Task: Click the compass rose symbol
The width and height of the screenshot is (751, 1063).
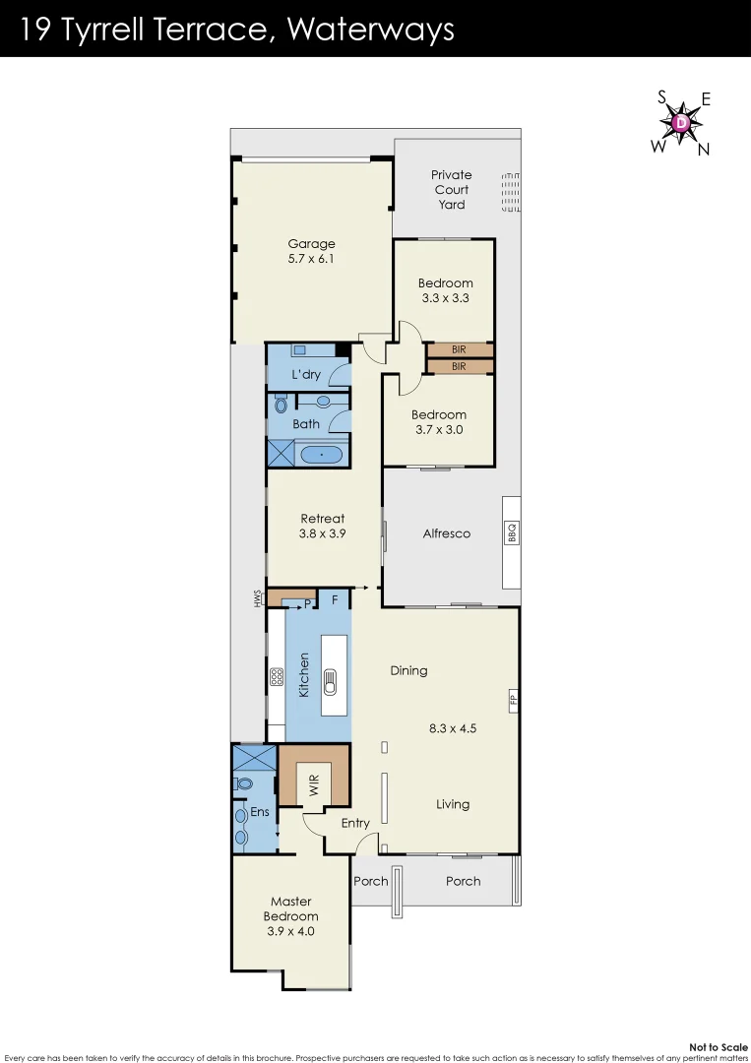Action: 681,123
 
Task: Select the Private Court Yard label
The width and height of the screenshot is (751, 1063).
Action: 452,190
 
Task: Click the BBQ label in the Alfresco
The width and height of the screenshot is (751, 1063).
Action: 512,533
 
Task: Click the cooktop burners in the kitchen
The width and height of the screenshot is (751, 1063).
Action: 277,677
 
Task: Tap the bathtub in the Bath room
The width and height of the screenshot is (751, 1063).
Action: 320,455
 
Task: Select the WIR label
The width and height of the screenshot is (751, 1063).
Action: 314,784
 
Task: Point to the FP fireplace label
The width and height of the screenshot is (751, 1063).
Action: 512,701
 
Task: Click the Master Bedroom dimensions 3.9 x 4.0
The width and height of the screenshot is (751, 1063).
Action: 291,931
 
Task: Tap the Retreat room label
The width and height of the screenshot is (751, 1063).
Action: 323,526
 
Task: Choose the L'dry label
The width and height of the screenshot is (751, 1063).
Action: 307,375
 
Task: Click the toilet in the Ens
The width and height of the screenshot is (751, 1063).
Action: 244,784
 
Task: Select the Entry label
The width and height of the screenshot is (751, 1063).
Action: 355,823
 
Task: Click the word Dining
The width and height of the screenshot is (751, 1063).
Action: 408,670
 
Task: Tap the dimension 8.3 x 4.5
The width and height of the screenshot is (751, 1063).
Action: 453,729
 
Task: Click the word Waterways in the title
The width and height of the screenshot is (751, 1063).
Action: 371,30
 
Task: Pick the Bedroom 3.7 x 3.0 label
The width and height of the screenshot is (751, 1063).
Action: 438,422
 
